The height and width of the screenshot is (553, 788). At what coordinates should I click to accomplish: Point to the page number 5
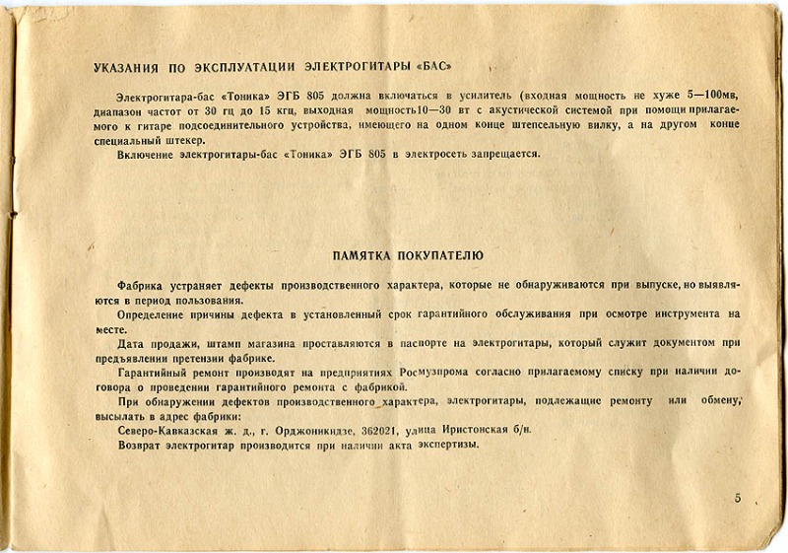tap(737, 499)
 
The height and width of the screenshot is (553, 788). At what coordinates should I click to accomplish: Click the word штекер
tap(188, 141)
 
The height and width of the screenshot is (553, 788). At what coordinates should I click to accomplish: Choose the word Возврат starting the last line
tap(140, 445)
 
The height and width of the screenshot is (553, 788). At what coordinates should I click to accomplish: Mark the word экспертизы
tap(446, 445)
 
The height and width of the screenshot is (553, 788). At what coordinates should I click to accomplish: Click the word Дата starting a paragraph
tap(132, 342)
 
